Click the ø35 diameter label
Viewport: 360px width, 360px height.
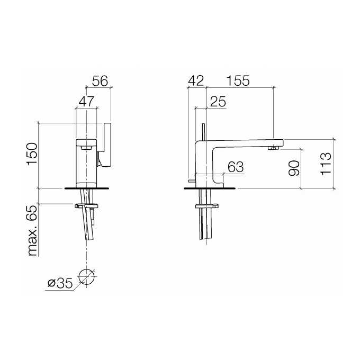tap(59, 283)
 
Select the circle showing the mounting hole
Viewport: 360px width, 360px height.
tap(86, 276)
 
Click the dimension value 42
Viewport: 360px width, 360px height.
tap(196, 80)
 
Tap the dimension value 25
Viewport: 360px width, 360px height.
tap(218, 101)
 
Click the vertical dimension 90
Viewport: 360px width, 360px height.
tap(294, 168)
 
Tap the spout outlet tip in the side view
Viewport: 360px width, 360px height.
tap(274, 148)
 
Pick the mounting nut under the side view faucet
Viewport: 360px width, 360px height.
tap(207, 205)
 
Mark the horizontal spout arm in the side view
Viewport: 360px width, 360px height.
tap(244, 141)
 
